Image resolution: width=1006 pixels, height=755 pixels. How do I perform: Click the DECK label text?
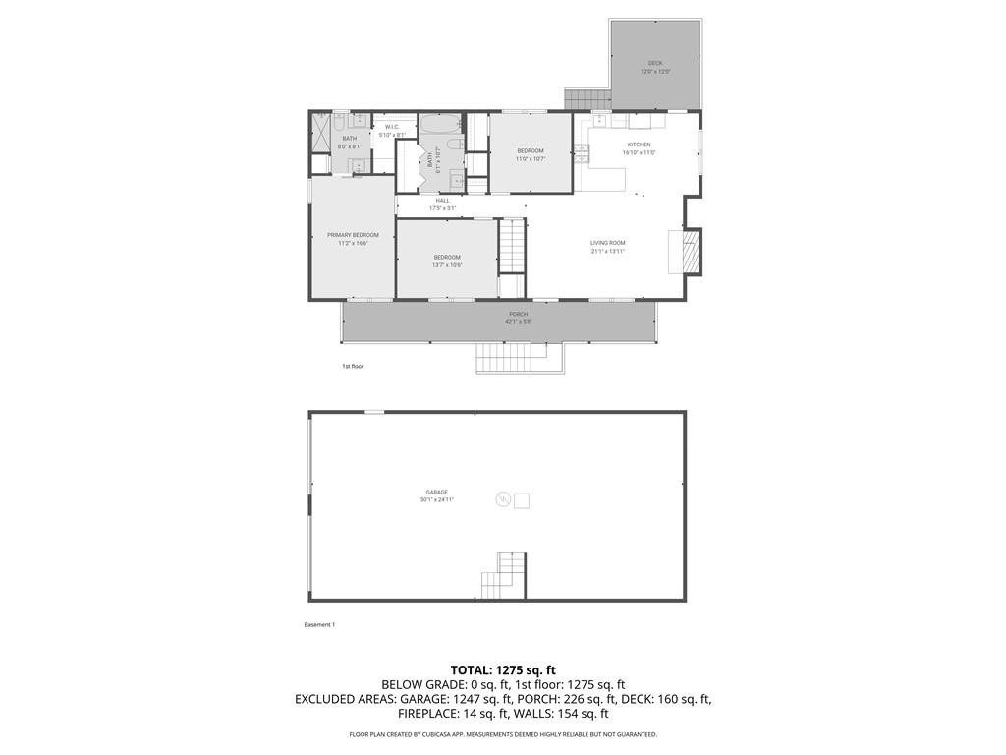pos(655,63)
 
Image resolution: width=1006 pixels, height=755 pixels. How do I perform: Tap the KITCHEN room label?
pos(639,145)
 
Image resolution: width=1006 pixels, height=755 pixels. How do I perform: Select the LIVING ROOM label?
pos(607,243)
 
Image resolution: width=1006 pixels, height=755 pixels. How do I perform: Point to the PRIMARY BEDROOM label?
pos(353,235)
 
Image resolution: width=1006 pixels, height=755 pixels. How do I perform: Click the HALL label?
pos(443,201)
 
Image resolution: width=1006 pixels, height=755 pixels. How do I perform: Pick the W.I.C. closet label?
pos(392,127)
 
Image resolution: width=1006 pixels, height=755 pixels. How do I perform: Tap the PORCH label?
pos(518,314)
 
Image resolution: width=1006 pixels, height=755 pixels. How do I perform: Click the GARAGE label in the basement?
pos(437,492)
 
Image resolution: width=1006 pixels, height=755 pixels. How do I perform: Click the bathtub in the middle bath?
pos(439,125)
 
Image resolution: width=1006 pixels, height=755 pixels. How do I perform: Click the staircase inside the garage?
pos(504,576)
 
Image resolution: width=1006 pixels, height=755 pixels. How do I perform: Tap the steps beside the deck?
pos(587,99)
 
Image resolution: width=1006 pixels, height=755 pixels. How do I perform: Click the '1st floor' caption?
pos(353,366)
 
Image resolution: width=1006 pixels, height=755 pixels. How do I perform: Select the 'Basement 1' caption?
pos(320,624)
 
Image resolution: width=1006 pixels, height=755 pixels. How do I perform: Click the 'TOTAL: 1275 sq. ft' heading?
pos(503,670)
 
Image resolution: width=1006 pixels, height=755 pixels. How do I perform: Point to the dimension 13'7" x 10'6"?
pos(447,265)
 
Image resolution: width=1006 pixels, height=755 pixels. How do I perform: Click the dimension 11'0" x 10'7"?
pos(531,159)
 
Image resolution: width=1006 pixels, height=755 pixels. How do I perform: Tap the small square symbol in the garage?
pos(522,500)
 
